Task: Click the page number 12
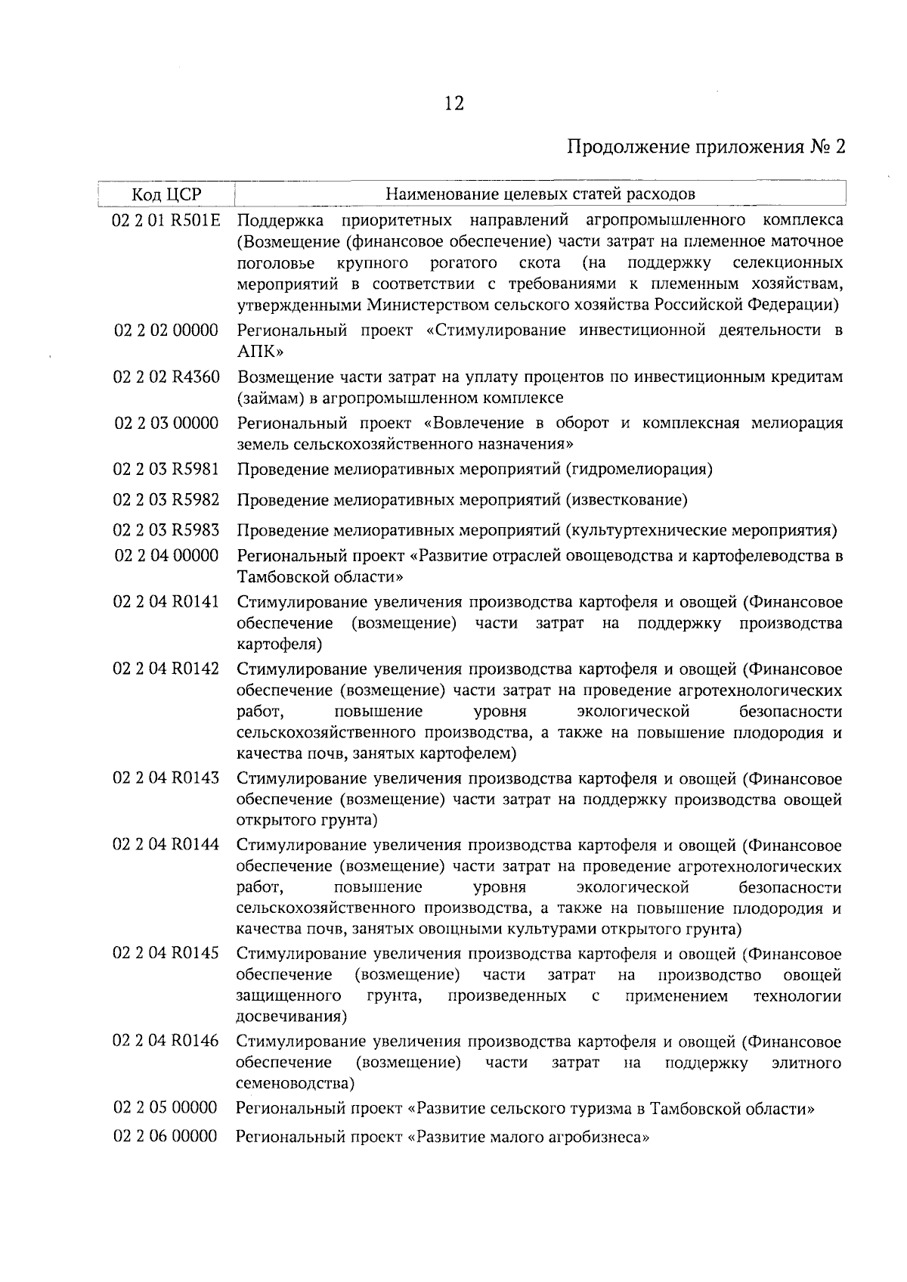[x=453, y=104]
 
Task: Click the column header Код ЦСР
[x=166, y=194]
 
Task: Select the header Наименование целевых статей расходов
[x=540, y=194]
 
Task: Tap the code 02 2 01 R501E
[x=166, y=221]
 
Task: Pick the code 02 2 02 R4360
[x=166, y=377]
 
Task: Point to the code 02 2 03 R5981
[x=166, y=470]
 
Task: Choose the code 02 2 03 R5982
[x=166, y=500]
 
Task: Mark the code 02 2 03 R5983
[x=166, y=529]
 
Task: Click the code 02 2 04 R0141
[x=166, y=602]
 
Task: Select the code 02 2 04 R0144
[x=166, y=845]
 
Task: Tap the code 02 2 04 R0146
[x=166, y=1041]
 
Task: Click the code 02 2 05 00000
[x=166, y=1109]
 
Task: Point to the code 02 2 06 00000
[x=166, y=1136]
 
